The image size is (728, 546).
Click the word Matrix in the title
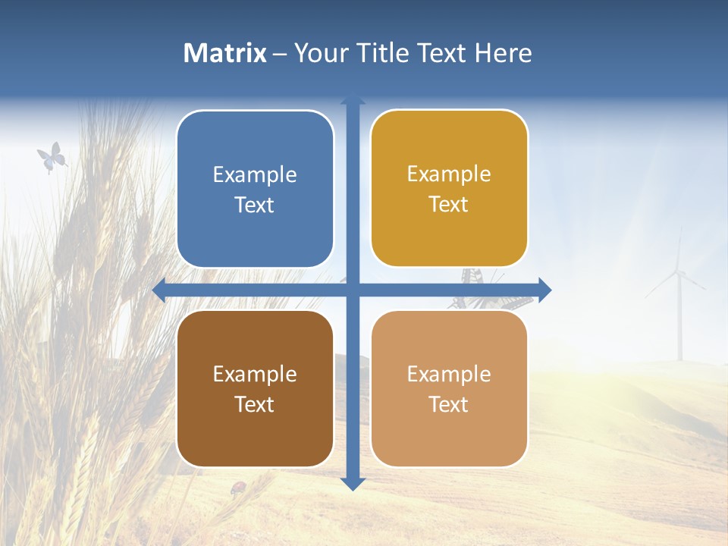pos(224,53)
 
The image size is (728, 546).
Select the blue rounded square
pos(255,189)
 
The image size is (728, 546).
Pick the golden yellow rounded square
pos(449,188)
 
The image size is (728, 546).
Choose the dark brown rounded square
pos(255,388)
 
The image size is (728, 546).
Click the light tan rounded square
pos(449,388)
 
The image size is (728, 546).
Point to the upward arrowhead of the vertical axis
pos(353,99)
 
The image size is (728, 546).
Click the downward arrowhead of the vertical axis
pos(353,483)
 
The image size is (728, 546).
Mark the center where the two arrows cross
pos(353,290)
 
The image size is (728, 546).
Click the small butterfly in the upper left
pos(52,158)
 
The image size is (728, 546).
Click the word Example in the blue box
pos(255,174)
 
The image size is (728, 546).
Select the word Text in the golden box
pos(449,204)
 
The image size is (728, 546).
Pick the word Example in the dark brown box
pos(255,374)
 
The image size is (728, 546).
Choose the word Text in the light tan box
pos(449,404)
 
